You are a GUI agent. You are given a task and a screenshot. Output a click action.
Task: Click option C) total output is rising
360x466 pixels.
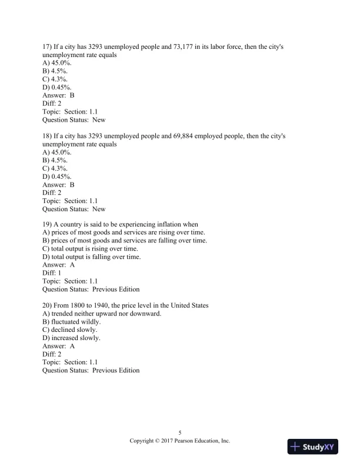click(90, 249)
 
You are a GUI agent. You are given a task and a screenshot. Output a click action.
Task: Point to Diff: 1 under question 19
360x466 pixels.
click(52, 273)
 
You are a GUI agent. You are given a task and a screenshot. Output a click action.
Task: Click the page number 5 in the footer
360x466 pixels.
click(179, 432)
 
